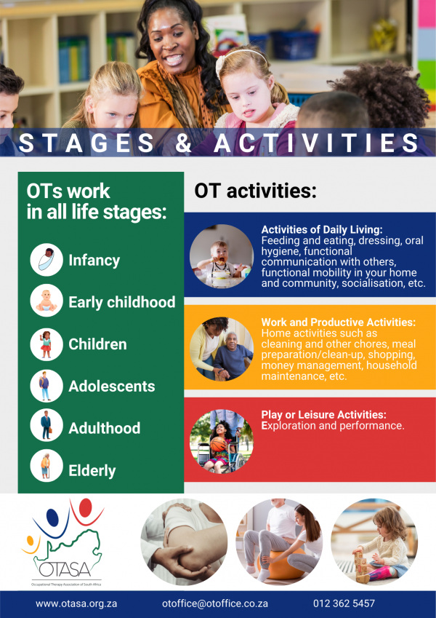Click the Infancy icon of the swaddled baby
point(47,259)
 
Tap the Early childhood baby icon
point(47,301)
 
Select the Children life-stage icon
point(47,344)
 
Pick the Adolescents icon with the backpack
point(47,386)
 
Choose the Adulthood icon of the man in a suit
point(47,425)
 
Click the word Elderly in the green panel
point(92,470)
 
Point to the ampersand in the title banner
point(183,142)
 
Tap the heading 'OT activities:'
point(255,191)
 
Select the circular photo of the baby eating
point(222,256)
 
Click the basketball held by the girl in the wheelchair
point(218,444)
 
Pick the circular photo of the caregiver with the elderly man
point(222,349)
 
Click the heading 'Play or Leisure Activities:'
point(324,415)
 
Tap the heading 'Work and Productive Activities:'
point(339,322)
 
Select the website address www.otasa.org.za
point(76,603)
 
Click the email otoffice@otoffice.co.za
point(215,603)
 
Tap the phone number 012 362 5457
point(344,603)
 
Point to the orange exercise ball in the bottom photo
point(280,563)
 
